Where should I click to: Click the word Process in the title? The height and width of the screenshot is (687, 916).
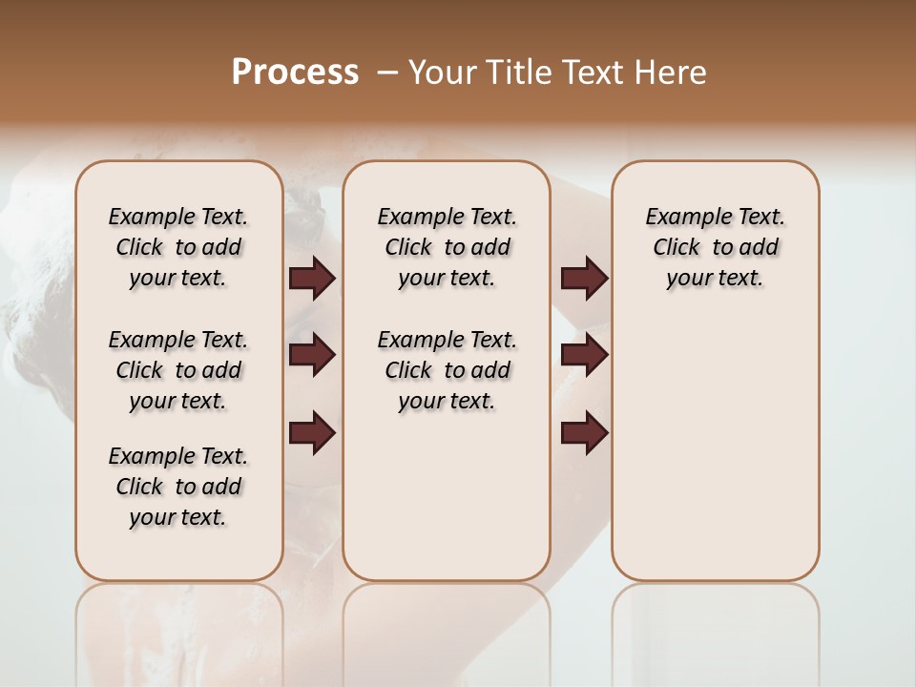(295, 73)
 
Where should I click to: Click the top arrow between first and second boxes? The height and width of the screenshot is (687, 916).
(312, 279)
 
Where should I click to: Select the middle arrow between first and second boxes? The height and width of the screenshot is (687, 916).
(312, 355)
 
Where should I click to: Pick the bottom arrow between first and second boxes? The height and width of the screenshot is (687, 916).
(312, 433)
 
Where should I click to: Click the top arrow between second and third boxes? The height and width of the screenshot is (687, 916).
(584, 279)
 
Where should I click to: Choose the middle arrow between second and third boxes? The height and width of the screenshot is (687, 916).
(584, 355)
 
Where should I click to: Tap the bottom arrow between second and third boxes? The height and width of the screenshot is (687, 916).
(584, 433)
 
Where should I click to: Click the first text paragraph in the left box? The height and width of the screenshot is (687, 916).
(178, 247)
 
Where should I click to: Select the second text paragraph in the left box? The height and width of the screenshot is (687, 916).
(178, 370)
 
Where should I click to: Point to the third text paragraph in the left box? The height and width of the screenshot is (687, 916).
(178, 487)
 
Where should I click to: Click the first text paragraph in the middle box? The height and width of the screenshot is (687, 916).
(447, 247)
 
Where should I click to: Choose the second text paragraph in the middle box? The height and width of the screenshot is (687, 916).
(447, 370)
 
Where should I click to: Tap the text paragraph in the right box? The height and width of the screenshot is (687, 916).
(715, 247)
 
